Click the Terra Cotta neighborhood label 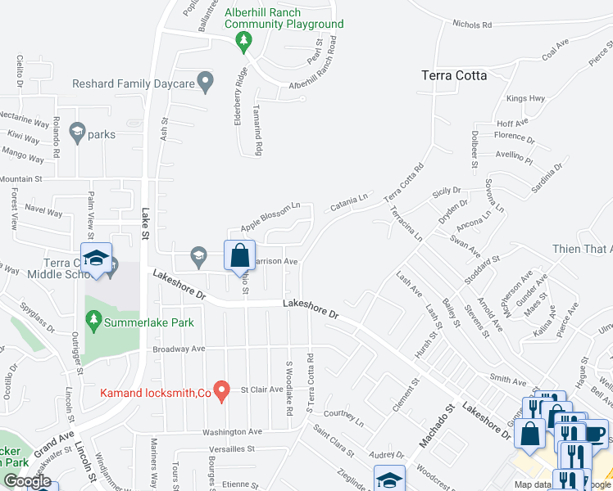coord(453,75)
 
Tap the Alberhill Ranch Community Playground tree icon coord(243,40)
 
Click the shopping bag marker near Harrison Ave coord(238,255)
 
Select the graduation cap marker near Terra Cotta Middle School coord(97,259)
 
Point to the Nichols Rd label coord(472,25)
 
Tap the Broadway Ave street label coord(179,349)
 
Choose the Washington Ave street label coord(234,431)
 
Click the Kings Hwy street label coord(525,98)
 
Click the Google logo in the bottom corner coord(27,481)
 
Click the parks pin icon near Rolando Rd coord(78,131)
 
